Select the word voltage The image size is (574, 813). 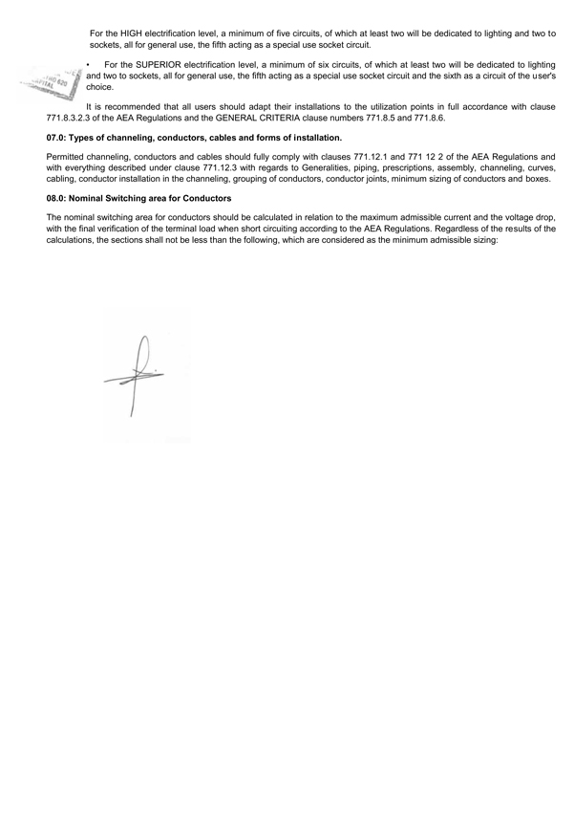point(505,218)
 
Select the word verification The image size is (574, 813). point(111,229)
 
